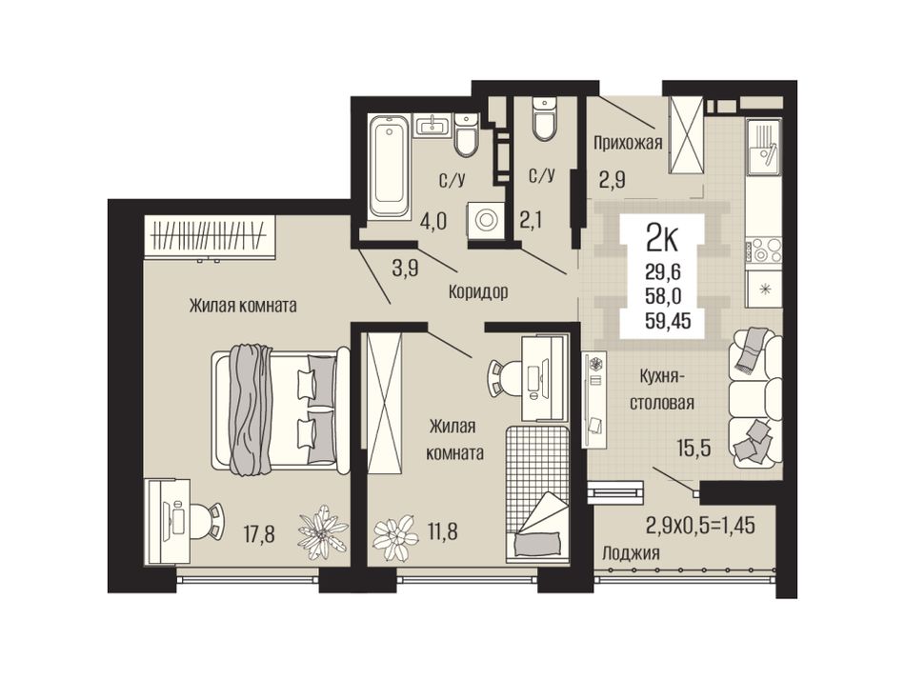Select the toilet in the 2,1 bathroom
543,119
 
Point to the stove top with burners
764,251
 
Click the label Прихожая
628,142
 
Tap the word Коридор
478,292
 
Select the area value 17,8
259,534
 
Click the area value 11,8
441,530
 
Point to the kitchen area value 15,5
693,447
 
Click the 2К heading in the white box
662,238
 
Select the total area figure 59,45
669,320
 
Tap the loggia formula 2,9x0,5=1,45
700,526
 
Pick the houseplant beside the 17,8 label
323,531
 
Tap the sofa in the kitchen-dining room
755,397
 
